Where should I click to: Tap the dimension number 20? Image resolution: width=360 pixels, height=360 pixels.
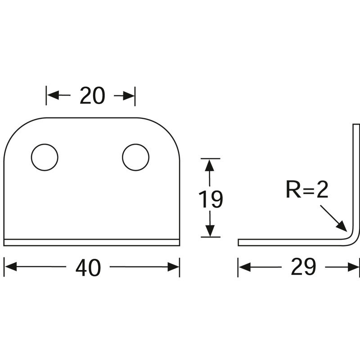(92, 95)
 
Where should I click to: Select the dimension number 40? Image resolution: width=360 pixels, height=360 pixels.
(88, 268)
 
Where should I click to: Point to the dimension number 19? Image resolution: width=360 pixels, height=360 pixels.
(211, 199)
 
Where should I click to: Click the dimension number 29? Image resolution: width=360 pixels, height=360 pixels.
(303, 267)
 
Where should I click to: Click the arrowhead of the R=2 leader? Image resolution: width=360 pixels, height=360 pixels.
(342, 226)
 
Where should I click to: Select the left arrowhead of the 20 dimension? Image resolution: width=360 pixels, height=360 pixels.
(53, 95)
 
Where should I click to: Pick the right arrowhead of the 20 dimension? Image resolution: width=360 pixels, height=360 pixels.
(128, 95)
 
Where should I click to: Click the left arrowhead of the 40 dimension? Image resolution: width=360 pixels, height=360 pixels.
(11, 266)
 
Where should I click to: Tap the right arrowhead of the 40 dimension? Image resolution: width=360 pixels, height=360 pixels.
(173, 267)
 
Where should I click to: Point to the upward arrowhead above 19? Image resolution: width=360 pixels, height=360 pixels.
(210, 165)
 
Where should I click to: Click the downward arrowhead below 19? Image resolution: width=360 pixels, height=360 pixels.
(210, 230)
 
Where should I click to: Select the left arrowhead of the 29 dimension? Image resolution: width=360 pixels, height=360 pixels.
(244, 267)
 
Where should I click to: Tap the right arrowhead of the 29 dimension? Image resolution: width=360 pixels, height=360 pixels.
(354, 267)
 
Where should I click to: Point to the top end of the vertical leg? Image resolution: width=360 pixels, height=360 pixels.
(356, 125)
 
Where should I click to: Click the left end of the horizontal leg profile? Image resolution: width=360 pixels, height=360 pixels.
(238, 243)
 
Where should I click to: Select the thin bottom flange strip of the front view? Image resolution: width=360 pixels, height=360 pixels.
(92, 243)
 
